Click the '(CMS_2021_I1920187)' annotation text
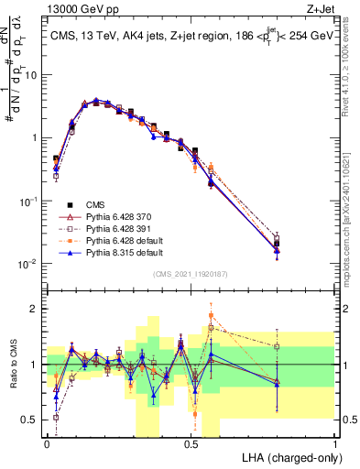pos(190,274)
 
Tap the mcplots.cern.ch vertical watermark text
pos(352,202)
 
